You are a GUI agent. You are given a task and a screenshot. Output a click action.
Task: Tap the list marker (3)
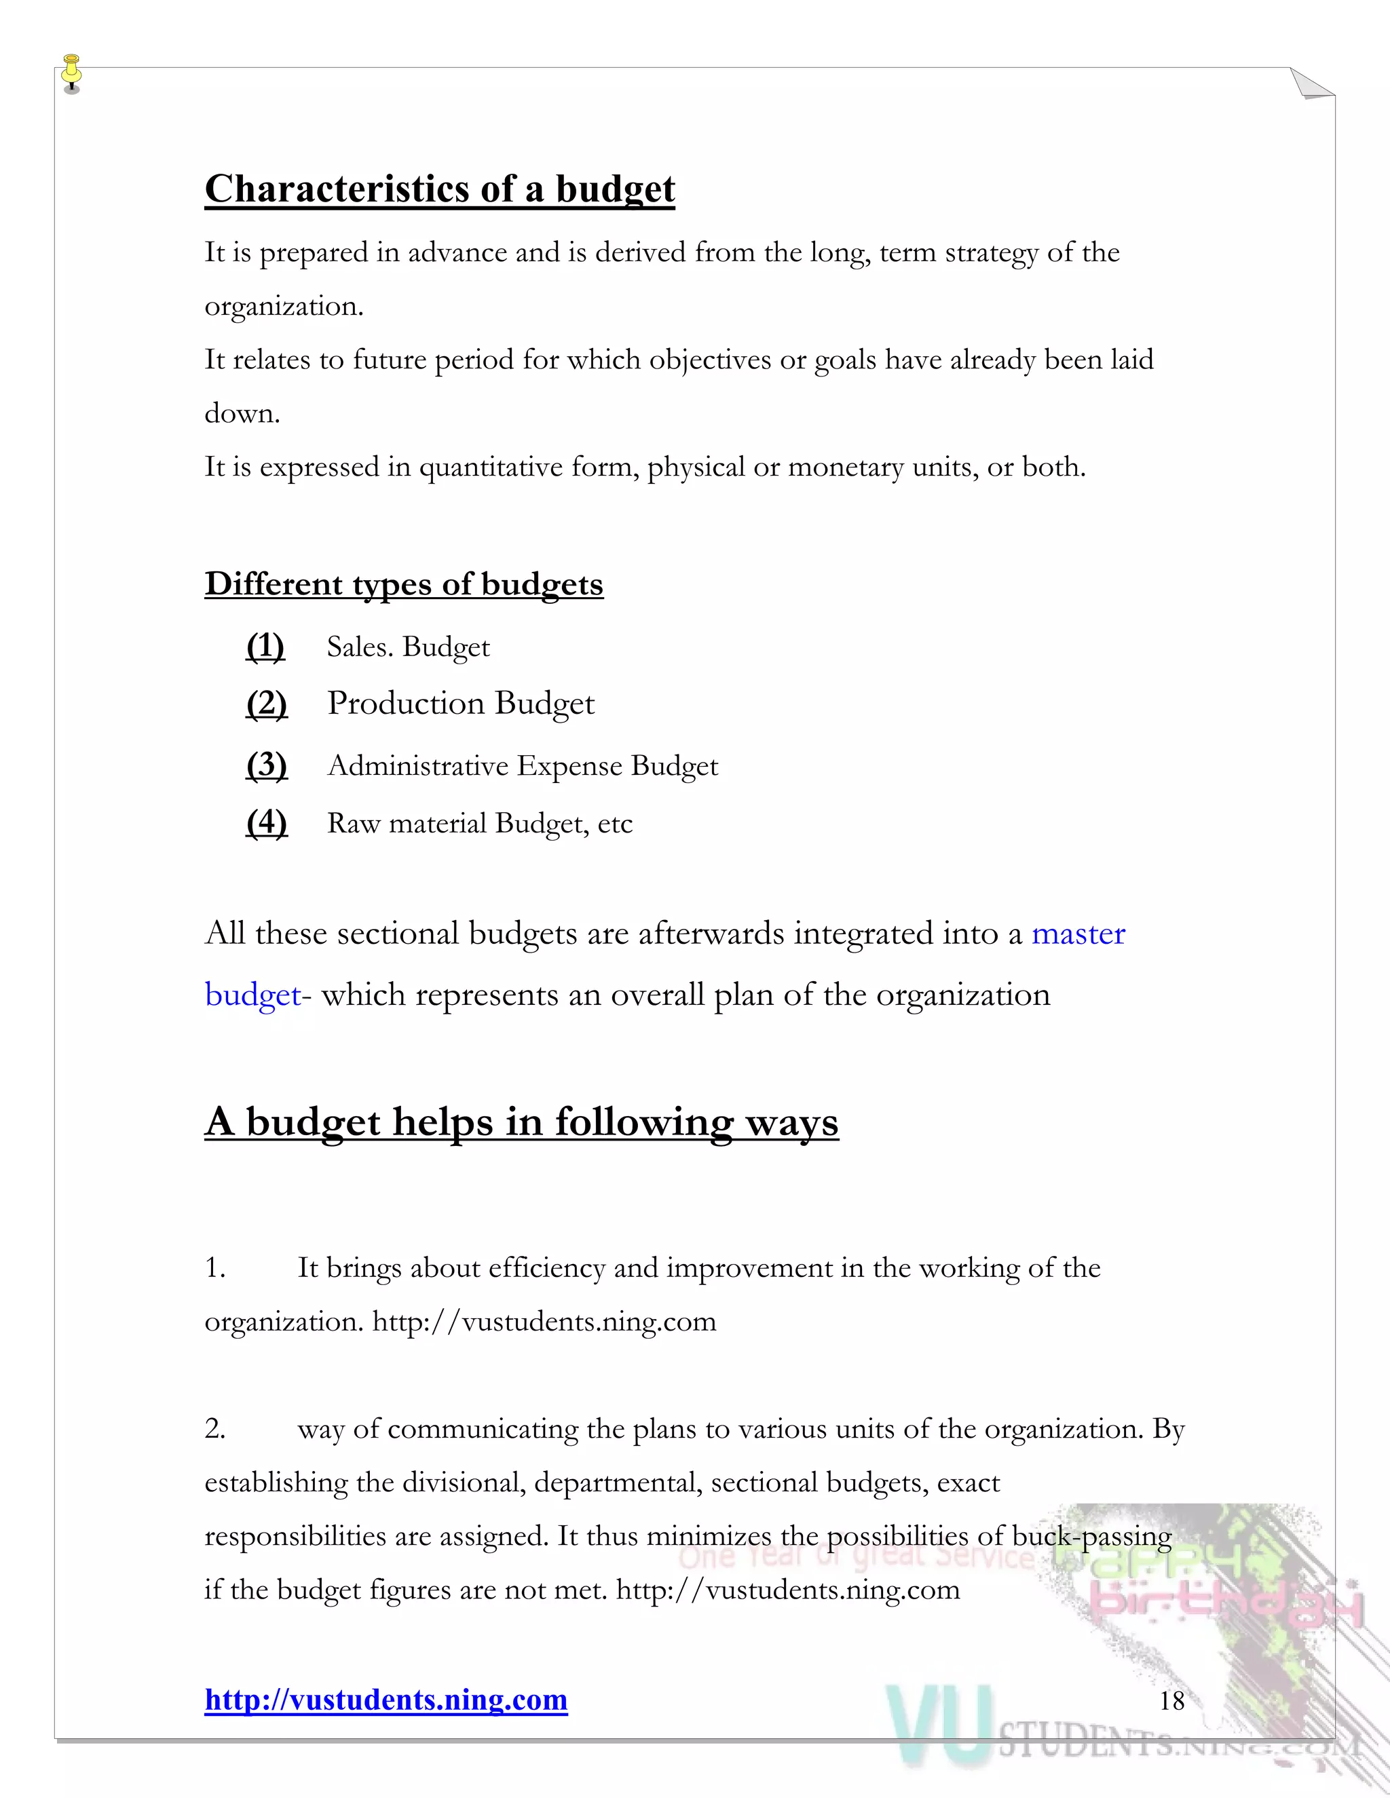(267, 765)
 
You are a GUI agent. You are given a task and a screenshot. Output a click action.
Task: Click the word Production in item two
(405, 703)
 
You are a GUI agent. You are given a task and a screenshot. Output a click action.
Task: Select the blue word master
(1078, 934)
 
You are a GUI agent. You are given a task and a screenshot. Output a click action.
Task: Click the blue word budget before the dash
(252, 995)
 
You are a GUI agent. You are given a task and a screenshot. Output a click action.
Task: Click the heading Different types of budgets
(404, 584)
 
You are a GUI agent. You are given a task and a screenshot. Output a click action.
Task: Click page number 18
(1171, 1700)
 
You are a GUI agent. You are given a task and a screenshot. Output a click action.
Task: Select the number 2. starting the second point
(215, 1428)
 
